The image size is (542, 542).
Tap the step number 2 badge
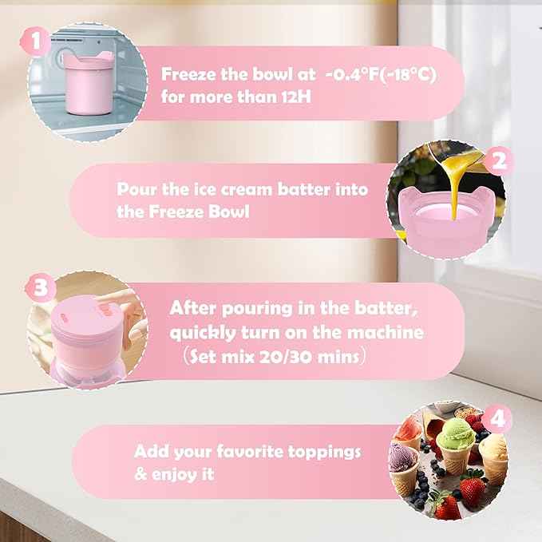[x=499, y=162]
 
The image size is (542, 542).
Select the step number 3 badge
[x=40, y=285]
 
